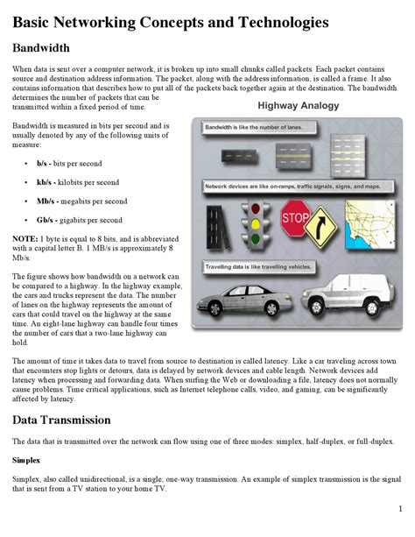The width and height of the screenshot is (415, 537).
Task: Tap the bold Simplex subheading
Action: click(x=26, y=459)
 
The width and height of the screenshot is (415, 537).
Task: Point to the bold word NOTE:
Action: click(x=25, y=238)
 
